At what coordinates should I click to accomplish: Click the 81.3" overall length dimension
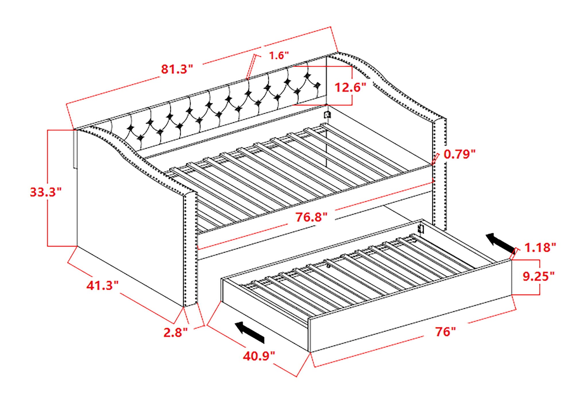click(176, 69)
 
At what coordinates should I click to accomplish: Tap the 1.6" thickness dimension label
click(278, 55)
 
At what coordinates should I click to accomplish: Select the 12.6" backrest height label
click(351, 87)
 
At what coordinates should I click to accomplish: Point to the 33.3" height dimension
click(46, 192)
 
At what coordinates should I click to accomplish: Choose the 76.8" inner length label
click(312, 217)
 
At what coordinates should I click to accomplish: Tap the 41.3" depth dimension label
click(102, 285)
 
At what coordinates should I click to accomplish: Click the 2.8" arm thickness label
click(175, 332)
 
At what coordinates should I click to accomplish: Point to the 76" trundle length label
click(445, 332)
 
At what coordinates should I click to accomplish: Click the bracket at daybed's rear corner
click(327, 115)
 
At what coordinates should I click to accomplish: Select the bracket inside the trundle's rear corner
click(421, 229)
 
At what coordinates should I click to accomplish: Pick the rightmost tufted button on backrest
click(317, 85)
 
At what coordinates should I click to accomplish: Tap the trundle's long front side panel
click(411, 322)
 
